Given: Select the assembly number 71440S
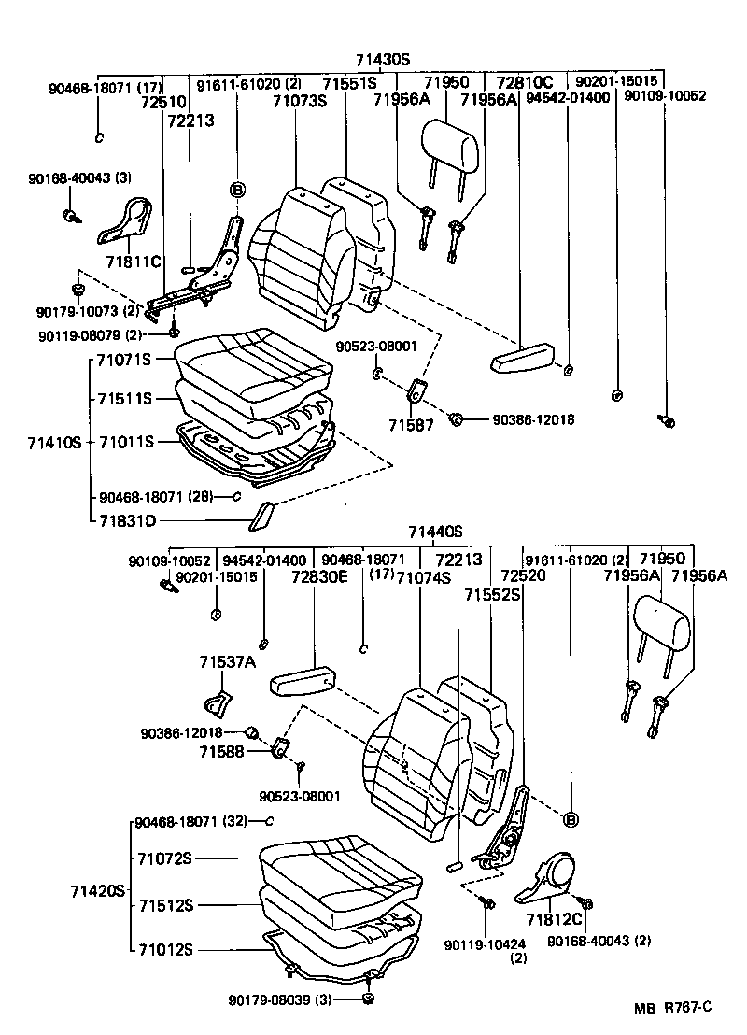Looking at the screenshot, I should click(435, 532).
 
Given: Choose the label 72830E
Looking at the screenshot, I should click(318, 578).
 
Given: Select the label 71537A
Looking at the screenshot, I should click(226, 662).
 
